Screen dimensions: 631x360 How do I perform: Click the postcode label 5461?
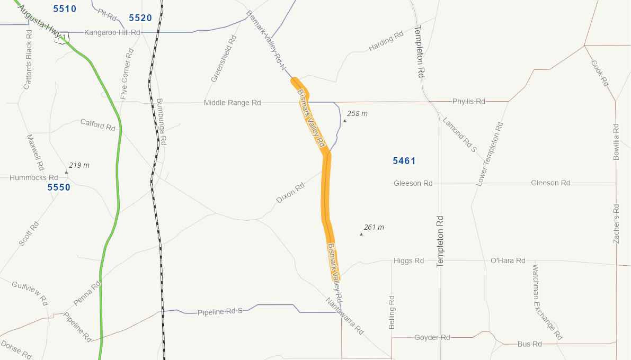click(x=404, y=161)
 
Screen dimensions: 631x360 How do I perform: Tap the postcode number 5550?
click(x=59, y=187)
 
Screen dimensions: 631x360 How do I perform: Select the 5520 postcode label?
click(x=140, y=18)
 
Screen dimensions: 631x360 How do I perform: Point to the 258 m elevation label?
click(x=357, y=114)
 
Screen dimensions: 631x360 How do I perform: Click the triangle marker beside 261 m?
click(x=361, y=234)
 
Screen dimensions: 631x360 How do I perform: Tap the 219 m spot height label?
click(x=79, y=166)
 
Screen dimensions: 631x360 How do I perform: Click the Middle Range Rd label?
click(x=233, y=103)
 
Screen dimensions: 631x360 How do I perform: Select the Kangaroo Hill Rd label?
click(x=112, y=33)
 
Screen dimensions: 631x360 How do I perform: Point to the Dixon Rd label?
click(x=290, y=194)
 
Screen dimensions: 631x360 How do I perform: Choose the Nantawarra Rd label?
click(x=345, y=316)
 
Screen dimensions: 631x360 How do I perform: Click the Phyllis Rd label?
click(x=469, y=101)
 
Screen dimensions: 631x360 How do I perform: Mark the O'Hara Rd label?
click(x=508, y=260)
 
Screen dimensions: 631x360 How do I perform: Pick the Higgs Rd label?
click(x=409, y=260)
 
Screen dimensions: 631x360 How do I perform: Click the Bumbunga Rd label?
click(x=162, y=122)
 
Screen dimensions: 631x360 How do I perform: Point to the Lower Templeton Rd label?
click(x=490, y=154)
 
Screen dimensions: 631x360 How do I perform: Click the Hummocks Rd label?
click(x=34, y=178)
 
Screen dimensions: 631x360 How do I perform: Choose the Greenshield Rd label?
click(x=223, y=59)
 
